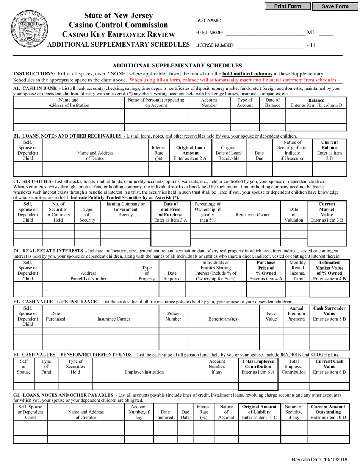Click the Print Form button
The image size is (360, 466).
coord(287,6)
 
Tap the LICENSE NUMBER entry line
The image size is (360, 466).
coord(271,45)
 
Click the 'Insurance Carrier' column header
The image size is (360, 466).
coord(114,319)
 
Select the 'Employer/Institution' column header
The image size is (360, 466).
coord(144,372)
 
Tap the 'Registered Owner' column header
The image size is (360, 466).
coord(253,215)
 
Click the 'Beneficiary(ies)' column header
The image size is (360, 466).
coord(224,319)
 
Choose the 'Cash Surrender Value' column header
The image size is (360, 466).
coord(329,314)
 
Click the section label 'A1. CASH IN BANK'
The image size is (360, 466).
coord(35,88)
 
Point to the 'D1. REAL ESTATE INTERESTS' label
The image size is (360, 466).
coord(48,251)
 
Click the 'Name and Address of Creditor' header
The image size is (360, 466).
coord(86,414)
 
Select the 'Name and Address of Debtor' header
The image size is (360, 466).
coord(95,156)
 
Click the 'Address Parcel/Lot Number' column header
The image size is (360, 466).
coord(89,276)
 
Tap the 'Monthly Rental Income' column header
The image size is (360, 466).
coord(297,270)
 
